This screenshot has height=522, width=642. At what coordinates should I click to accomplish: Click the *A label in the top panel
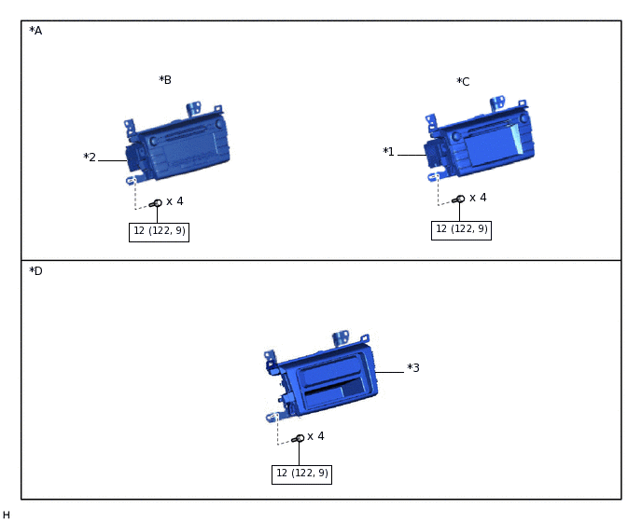click(35, 31)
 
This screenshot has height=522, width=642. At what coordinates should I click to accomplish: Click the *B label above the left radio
click(165, 80)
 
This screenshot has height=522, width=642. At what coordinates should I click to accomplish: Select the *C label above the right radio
click(463, 82)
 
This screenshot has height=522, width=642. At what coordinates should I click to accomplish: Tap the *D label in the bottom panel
click(35, 271)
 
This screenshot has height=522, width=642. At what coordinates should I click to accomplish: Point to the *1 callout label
click(388, 152)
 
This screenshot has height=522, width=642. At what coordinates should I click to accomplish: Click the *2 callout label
click(90, 158)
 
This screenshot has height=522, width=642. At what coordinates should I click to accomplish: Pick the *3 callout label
click(413, 368)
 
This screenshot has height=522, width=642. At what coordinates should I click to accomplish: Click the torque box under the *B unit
click(159, 232)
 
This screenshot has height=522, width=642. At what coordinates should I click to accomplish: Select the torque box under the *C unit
click(461, 230)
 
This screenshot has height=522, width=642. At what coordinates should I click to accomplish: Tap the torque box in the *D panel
click(301, 474)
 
